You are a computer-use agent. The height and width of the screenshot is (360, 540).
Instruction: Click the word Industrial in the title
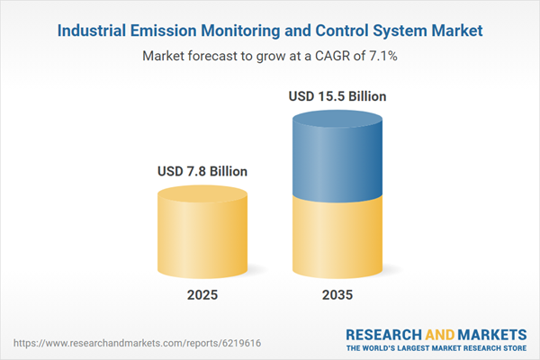92,31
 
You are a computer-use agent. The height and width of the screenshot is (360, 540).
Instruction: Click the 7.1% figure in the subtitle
382,56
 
